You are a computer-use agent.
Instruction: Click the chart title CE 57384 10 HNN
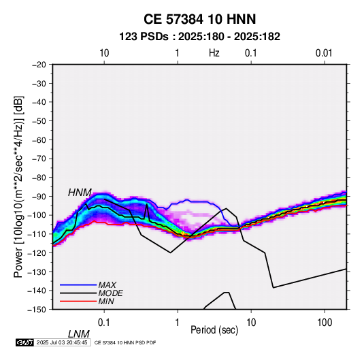[x=199, y=19]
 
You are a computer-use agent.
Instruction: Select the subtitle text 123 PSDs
[x=144, y=37]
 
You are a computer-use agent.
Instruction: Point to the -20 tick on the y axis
[x=39, y=65]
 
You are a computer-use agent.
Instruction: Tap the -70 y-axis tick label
[x=39, y=159]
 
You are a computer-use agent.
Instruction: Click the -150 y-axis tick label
[x=37, y=310]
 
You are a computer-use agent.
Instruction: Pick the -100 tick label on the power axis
[x=37, y=215]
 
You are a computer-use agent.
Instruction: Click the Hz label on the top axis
[x=214, y=53]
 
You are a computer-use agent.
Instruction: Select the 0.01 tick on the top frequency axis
[x=324, y=53]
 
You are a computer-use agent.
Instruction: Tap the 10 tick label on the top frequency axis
[x=104, y=53]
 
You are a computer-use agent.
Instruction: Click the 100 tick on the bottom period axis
[x=325, y=323]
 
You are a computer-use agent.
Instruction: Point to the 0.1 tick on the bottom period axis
[x=104, y=323]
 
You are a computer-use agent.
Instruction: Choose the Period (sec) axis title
[x=214, y=330]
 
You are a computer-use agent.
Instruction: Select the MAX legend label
[x=107, y=284]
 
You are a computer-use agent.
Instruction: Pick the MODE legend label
[x=110, y=293]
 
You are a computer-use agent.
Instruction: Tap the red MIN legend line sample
[x=78, y=301]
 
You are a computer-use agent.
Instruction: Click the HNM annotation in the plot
[x=80, y=193]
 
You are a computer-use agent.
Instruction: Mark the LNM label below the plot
[x=79, y=334]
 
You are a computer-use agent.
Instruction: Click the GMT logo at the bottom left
[x=24, y=342]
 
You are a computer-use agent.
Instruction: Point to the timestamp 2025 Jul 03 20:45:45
[x=62, y=342]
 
